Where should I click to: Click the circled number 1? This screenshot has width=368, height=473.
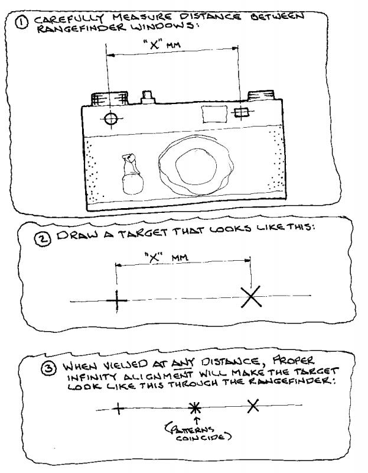click(x=22, y=22)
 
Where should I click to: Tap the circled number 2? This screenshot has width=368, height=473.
click(x=44, y=239)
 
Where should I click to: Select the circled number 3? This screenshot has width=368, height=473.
click(x=48, y=368)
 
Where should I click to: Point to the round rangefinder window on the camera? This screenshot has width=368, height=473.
click(x=111, y=119)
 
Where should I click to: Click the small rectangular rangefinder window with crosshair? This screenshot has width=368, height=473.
click(x=242, y=112)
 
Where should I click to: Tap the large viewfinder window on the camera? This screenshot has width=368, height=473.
click(x=214, y=114)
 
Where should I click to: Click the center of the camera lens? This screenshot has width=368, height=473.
click(x=196, y=167)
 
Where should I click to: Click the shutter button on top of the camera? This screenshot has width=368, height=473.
click(x=148, y=97)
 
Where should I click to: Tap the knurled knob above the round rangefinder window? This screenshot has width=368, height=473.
click(x=109, y=98)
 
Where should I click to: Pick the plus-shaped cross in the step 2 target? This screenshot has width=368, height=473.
click(x=117, y=301)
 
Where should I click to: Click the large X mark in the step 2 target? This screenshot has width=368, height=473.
click(x=251, y=297)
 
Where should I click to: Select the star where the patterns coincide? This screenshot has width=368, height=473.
click(x=195, y=408)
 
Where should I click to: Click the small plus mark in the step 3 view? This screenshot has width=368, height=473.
click(x=119, y=409)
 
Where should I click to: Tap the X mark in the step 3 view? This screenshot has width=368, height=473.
click(x=253, y=406)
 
